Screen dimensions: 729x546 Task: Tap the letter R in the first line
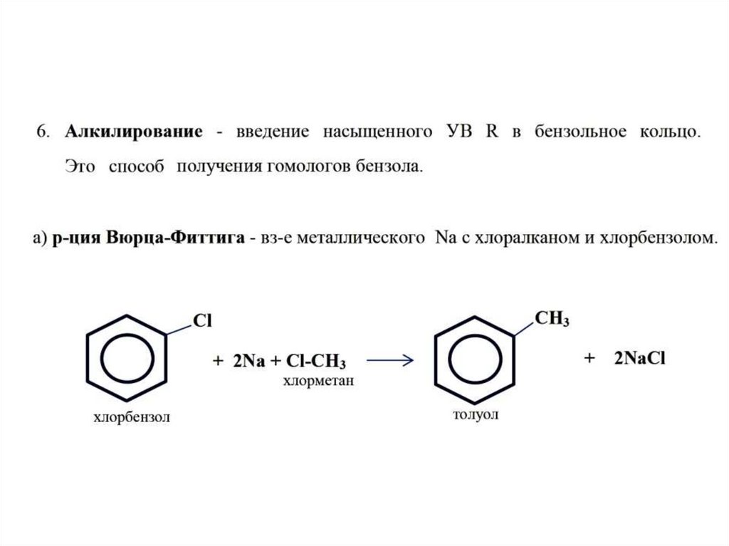coord(491,132)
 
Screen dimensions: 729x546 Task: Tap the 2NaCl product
coord(639,359)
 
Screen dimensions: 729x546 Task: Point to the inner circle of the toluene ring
coord(474,354)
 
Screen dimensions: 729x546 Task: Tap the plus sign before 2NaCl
coord(589,359)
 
